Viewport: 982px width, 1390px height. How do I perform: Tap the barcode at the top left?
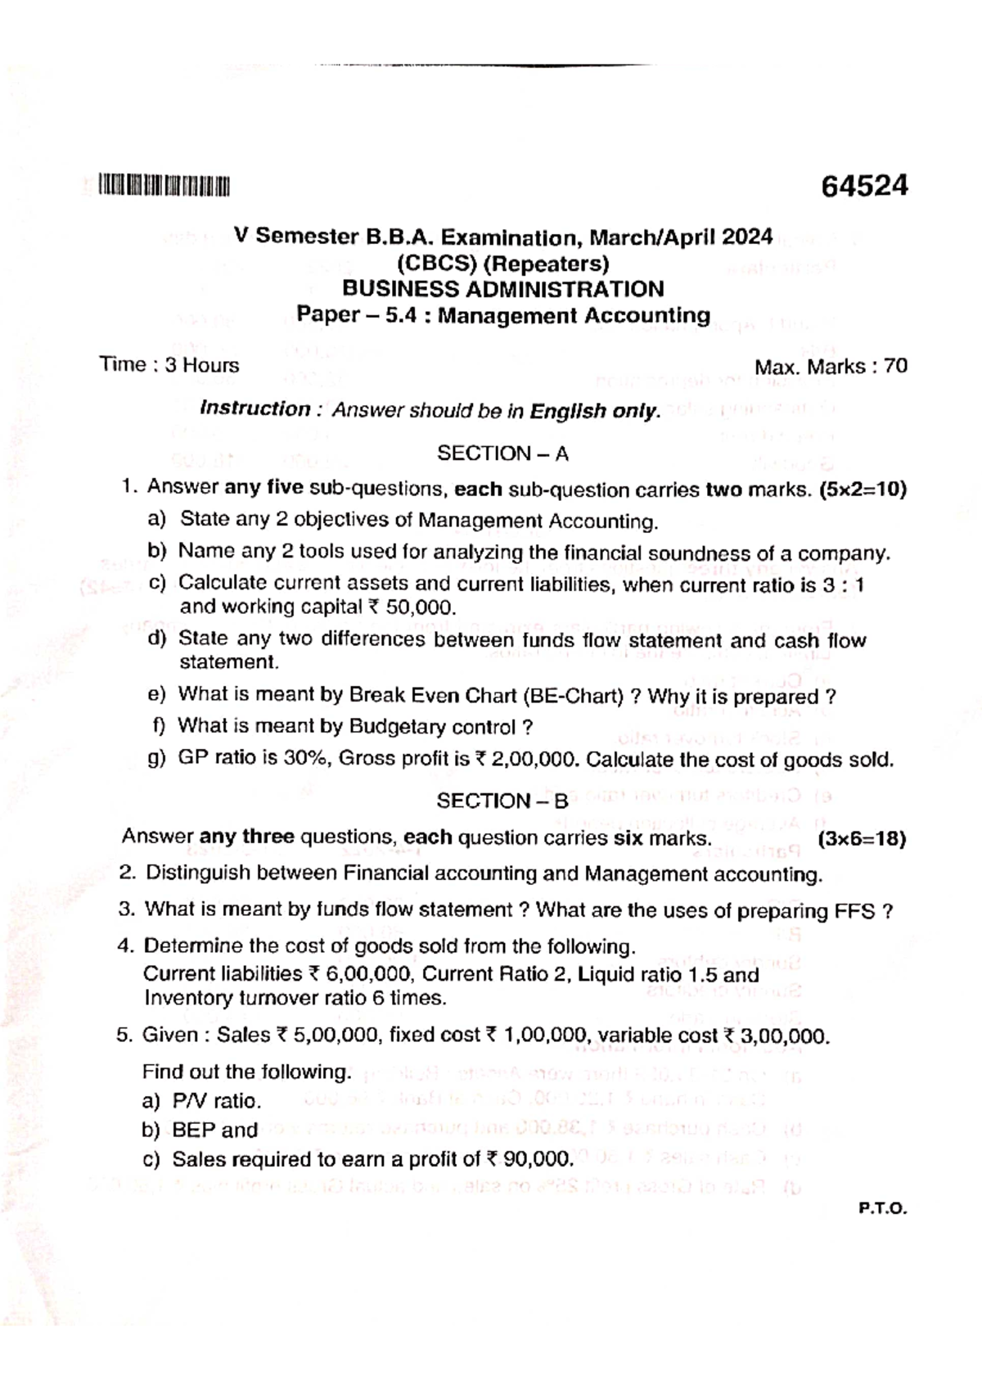pyautogui.click(x=164, y=187)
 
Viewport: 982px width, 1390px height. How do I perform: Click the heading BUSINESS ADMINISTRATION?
pyautogui.click(x=502, y=289)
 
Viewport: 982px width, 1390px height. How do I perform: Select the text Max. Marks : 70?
pyautogui.click(x=831, y=367)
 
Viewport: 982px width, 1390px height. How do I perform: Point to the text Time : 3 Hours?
pyautogui.click(x=169, y=365)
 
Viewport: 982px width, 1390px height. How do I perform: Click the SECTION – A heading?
pyautogui.click(x=502, y=454)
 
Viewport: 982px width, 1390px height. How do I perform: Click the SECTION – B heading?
pyautogui.click(x=502, y=801)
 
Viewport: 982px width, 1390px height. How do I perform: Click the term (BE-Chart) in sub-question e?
pyautogui.click(x=572, y=697)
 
